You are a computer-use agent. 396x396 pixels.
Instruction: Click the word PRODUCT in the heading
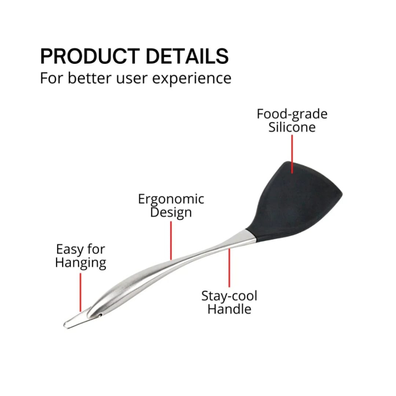pyautogui.click(x=90, y=56)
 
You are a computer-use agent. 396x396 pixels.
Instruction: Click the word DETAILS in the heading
pyautogui.click(x=187, y=56)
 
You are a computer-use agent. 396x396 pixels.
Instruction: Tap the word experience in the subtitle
pyautogui.click(x=192, y=79)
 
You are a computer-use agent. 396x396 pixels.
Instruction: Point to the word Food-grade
pyautogui.click(x=292, y=114)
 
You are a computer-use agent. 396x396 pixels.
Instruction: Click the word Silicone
pyautogui.click(x=292, y=127)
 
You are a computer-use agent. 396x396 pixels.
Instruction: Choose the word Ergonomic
pyautogui.click(x=171, y=200)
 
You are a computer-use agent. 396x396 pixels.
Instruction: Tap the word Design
pyautogui.click(x=171, y=212)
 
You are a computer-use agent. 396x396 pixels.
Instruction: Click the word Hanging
pyautogui.click(x=80, y=263)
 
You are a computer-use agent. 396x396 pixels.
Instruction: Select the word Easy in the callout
pyautogui.click(x=67, y=250)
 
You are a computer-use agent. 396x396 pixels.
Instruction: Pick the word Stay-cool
pyautogui.click(x=229, y=296)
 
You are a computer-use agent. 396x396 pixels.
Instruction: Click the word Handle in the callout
pyautogui.click(x=229, y=309)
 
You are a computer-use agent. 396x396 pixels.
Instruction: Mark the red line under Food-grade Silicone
pyautogui.click(x=292, y=154)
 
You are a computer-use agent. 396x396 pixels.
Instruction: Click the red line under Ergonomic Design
pyautogui.click(x=171, y=241)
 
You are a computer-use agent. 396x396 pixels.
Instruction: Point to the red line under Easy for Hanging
pyautogui.click(x=80, y=292)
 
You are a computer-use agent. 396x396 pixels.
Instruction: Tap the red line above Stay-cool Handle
pyautogui.click(x=229, y=268)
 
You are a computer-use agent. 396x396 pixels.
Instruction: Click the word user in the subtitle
pyautogui.click(x=131, y=79)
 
